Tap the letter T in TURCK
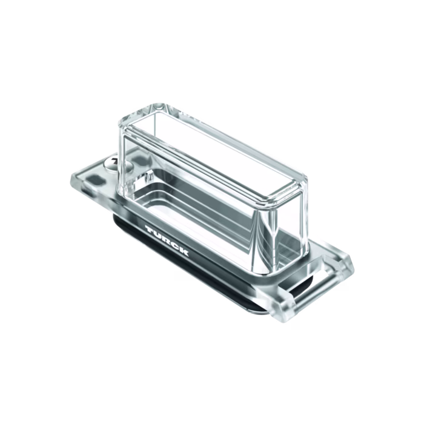tap(150, 230)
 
